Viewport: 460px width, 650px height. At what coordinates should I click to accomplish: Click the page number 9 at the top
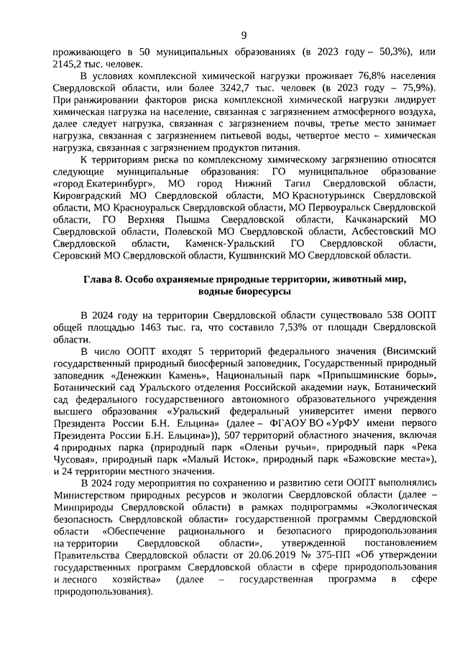pyautogui.click(x=244, y=36)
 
